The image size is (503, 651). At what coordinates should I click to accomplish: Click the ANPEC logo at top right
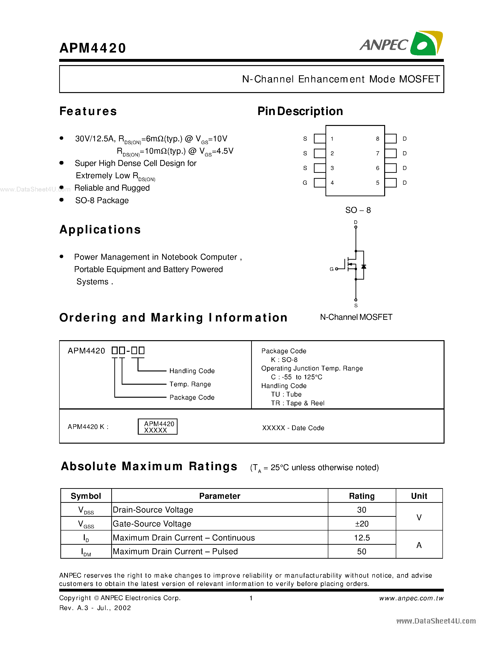(401, 44)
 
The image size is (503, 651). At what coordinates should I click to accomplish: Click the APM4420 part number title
(93, 48)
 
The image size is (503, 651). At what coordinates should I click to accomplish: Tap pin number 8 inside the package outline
(378, 139)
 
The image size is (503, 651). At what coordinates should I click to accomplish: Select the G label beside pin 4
(305, 183)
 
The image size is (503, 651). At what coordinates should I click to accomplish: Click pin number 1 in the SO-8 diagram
(332, 139)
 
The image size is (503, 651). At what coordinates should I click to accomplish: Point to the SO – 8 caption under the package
(358, 210)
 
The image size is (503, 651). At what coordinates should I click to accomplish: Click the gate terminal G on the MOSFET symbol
(332, 269)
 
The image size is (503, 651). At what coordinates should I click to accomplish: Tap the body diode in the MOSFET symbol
(364, 267)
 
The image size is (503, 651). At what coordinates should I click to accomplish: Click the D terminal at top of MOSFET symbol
(356, 222)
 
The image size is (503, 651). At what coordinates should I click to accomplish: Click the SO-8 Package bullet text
(102, 200)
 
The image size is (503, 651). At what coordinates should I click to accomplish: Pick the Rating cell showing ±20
(361, 524)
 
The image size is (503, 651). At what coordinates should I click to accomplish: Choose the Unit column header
(419, 496)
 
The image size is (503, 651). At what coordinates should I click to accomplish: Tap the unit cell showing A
(419, 545)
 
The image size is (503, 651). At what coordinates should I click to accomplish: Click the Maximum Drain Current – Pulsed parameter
(175, 551)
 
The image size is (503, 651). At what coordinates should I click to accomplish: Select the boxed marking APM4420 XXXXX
(157, 427)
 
